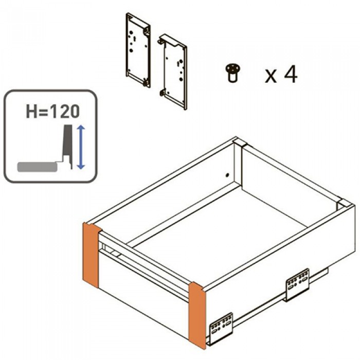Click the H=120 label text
pos(53,112)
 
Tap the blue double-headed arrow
pos(81,147)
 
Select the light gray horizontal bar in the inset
pos(37,167)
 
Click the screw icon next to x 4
pos(233,73)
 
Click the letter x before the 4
pos(271,77)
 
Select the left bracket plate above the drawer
pos(138,50)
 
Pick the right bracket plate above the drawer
pos(172,71)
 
